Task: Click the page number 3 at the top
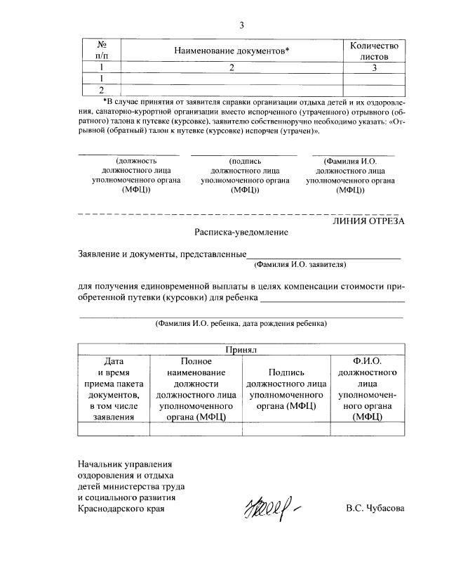(x=241, y=26)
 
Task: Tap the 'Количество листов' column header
(x=374, y=51)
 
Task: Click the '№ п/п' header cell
(x=101, y=51)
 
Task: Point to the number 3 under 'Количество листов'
(x=375, y=68)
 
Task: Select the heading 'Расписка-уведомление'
(x=241, y=232)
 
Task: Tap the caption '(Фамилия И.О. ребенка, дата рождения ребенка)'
(x=241, y=324)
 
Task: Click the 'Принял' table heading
(x=241, y=349)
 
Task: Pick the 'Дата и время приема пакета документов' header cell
(x=114, y=389)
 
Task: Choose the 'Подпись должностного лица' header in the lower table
(x=285, y=389)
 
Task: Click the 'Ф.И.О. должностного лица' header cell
(x=367, y=389)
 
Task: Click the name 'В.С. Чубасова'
(x=375, y=508)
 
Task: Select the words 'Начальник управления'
(x=125, y=464)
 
